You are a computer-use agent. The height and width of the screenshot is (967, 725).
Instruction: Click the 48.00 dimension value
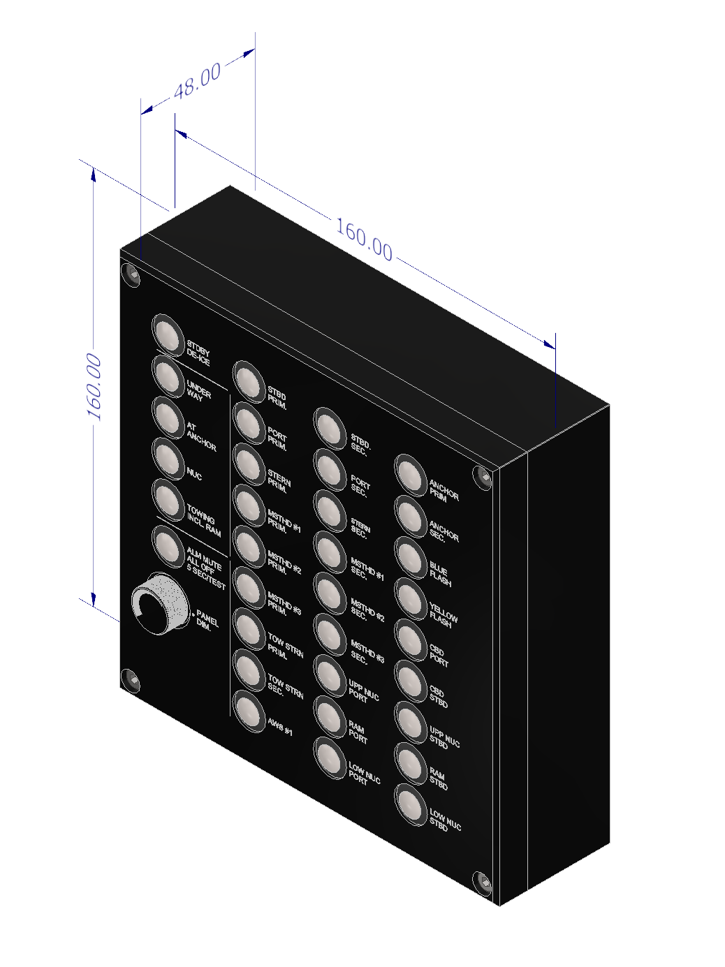198,81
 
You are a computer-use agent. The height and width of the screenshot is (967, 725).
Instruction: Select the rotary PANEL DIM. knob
160,604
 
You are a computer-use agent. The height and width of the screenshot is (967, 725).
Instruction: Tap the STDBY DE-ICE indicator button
168,334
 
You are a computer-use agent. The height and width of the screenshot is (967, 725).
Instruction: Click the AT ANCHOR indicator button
168,417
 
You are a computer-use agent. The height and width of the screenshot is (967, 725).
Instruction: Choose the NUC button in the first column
168,458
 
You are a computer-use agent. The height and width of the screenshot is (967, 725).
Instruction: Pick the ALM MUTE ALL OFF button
168,545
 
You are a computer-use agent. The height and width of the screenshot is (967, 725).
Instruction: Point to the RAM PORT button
330,716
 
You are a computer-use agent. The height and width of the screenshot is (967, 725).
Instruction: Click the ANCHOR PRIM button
411,475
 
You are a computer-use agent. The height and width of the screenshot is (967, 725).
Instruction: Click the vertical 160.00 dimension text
94,387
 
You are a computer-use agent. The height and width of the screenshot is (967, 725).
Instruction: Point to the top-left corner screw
131,274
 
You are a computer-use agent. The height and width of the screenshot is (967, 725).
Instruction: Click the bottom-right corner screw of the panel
483,883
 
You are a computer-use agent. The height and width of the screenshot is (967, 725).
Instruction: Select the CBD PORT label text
439,656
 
